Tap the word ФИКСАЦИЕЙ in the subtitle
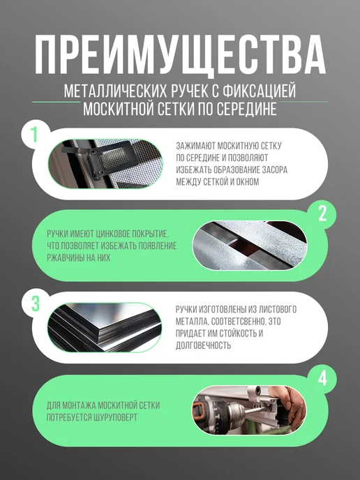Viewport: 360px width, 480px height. click(x=260, y=91)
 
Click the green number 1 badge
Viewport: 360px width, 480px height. click(x=34, y=134)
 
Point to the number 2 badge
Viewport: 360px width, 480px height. click(x=322, y=213)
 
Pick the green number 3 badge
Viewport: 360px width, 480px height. click(x=36, y=303)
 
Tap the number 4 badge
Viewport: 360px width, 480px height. click(x=322, y=379)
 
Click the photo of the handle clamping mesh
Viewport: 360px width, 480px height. click(x=105, y=164)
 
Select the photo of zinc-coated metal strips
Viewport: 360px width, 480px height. click(x=250, y=246)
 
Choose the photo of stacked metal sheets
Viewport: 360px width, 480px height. click(x=105, y=327)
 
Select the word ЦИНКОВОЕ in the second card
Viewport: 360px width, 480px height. click(x=113, y=234)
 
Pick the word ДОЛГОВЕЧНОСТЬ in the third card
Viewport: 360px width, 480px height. click(x=203, y=345)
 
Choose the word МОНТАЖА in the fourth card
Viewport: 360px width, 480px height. click(x=79, y=405)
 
